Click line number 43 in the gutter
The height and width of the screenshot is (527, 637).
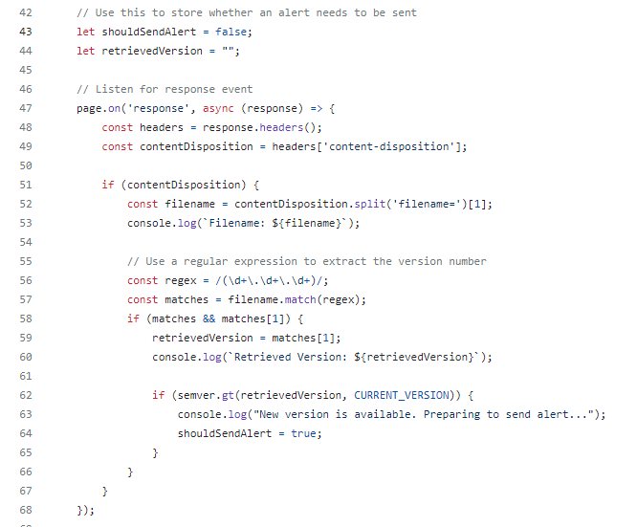click(x=26, y=32)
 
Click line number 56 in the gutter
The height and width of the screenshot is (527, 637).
click(x=26, y=280)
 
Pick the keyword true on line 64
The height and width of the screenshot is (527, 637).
click(x=304, y=433)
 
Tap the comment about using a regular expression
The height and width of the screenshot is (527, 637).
click(x=307, y=261)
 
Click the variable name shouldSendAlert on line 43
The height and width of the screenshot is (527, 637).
click(x=149, y=32)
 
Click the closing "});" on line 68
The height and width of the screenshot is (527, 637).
click(x=86, y=510)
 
